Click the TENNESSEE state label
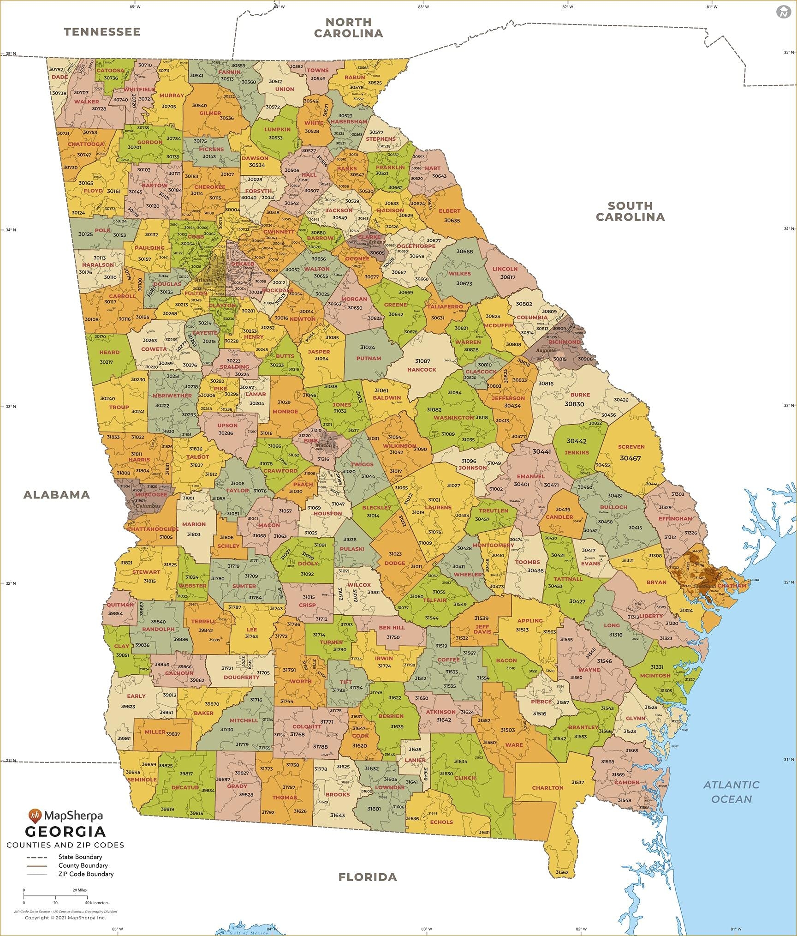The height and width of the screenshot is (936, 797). (102, 32)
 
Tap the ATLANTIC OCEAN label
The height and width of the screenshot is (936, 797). (732, 792)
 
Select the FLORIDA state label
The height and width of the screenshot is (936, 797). (368, 877)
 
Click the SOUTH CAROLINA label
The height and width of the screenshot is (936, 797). (630, 211)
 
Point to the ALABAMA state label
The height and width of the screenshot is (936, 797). (56, 495)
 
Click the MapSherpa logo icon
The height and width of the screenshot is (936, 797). (35, 816)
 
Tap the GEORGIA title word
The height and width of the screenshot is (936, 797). (65, 832)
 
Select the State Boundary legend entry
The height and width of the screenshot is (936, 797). (80, 857)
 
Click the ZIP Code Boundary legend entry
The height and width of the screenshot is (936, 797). (85, 874)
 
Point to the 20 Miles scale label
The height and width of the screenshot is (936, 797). (79, 890)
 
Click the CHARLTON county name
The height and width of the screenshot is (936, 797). (547, 787)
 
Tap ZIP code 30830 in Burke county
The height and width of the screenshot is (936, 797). (574, 404)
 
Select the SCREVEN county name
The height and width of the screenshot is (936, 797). (631, 447)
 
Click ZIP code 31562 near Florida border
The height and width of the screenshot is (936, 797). (562, 872)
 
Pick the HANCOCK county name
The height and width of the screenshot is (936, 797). (422, 370)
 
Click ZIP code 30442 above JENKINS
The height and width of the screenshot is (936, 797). (577, 441)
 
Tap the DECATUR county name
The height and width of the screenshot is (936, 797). (185, 787)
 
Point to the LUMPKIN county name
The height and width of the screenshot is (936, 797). (277, 130)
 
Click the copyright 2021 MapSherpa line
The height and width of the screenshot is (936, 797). (65, 918)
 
